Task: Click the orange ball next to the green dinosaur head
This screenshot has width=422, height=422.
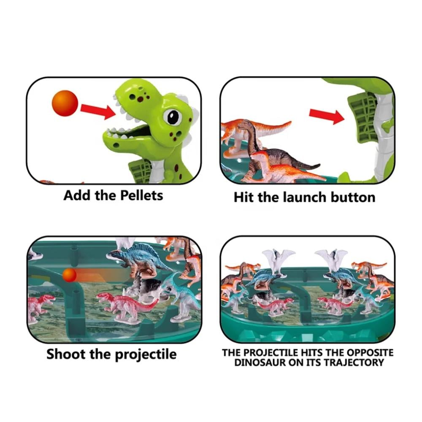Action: point(65,103)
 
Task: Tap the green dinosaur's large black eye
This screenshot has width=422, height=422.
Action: point(172,117)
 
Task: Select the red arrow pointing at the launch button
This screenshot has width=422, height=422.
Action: point(327,116)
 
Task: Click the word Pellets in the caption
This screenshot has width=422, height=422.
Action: point(141,196)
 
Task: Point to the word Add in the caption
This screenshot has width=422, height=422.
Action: point(77,196)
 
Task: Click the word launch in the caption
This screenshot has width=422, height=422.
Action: point(305,197)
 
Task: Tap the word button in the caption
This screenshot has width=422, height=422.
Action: point(353,197)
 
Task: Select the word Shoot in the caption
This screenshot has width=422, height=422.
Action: point(66,354)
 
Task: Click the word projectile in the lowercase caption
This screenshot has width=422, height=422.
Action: point(146,355)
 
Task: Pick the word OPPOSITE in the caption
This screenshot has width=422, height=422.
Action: point(370,352)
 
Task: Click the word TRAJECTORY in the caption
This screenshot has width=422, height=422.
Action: point(354,362)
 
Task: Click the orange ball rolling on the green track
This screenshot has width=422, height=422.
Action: point(70,275)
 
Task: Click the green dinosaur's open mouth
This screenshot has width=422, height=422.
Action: point(133,132)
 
